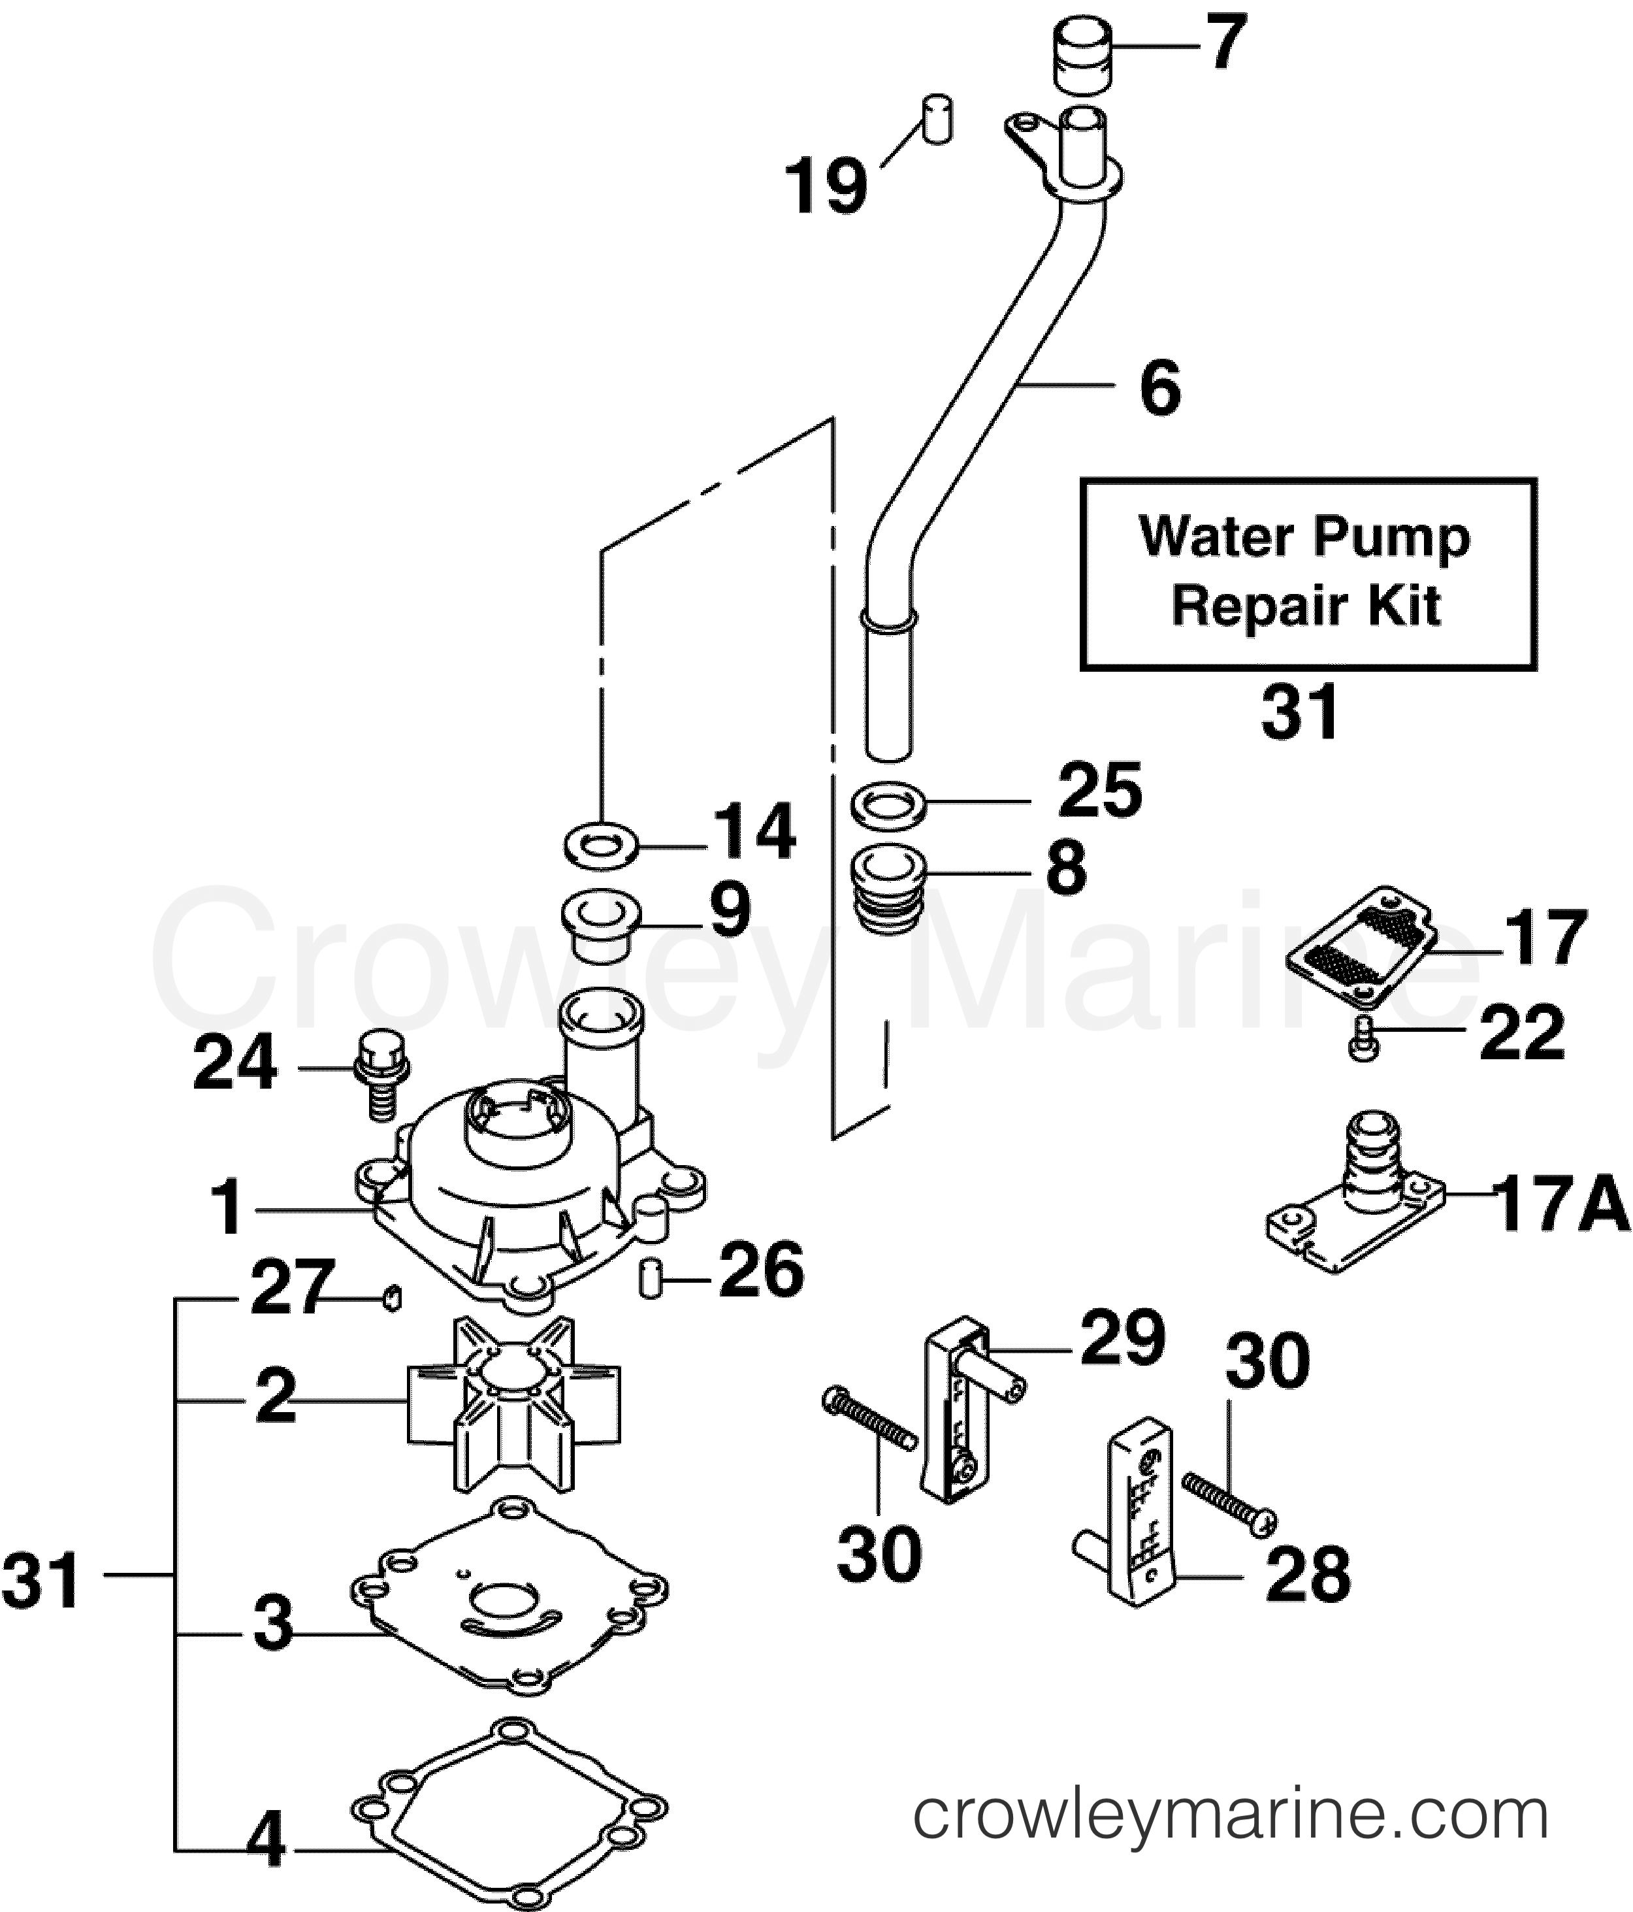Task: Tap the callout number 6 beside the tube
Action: coord(1159,387)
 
